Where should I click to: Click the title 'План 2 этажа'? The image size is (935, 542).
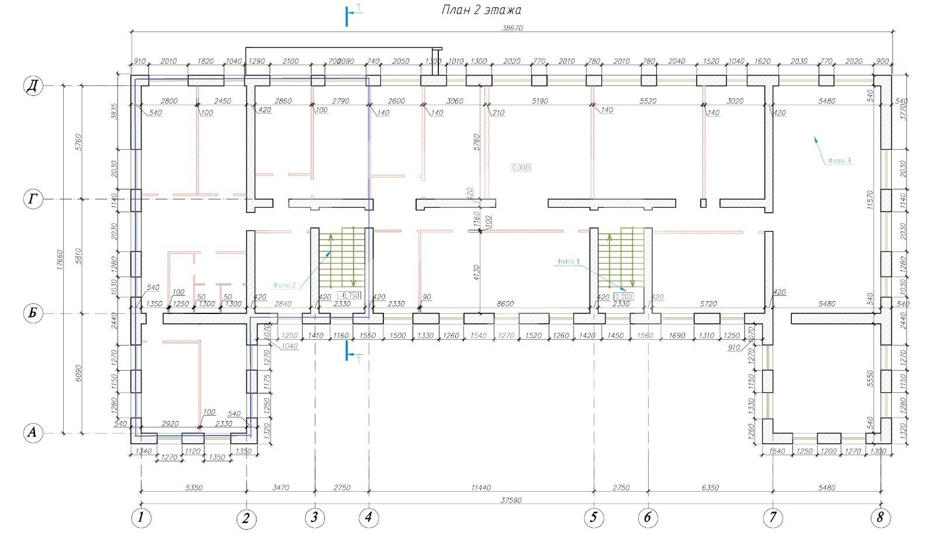click(480, 10)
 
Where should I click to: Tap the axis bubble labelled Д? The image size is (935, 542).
click(33, 86)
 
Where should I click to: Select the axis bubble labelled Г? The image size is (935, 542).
click(33, 200)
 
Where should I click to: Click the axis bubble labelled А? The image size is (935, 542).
click(33, 433)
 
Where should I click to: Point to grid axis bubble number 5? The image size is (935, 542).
click(594, 517)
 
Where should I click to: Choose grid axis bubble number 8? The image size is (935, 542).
click(881, 517)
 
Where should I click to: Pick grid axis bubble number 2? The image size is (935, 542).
click(246, 519)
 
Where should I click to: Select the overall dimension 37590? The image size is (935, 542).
click(511, 500)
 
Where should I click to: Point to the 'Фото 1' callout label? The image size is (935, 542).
click(568, 261)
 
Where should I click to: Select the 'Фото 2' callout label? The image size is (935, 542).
click(284, 285)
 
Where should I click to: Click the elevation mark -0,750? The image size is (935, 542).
click(349, 295)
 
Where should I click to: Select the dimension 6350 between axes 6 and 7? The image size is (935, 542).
click(709, 487)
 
